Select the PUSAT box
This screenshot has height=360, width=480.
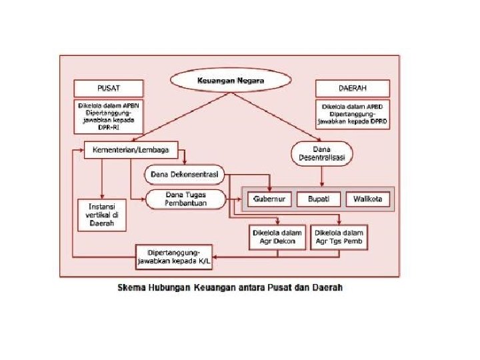(109, 88)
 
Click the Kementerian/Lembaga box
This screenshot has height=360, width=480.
(126, 150)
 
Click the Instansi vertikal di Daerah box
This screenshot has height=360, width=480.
(101, 215)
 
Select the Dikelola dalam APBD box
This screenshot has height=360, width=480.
(351, 115)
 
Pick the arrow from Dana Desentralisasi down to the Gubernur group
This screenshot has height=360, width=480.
(322, 175)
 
